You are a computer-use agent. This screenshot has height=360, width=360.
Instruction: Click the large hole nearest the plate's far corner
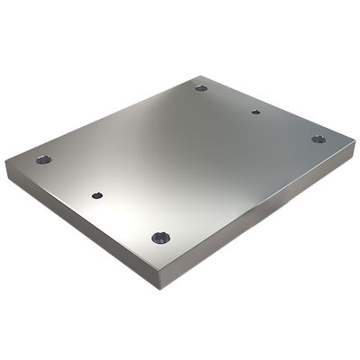201,87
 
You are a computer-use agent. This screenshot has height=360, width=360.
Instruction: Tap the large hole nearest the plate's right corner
318,139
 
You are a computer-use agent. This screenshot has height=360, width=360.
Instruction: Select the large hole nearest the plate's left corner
43,159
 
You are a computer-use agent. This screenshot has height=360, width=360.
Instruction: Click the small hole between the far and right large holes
256,112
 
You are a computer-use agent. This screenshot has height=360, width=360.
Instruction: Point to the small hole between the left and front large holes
96,194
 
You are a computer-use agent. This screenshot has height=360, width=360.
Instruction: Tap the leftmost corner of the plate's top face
6,161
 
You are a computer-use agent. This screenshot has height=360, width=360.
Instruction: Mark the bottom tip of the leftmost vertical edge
7,178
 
